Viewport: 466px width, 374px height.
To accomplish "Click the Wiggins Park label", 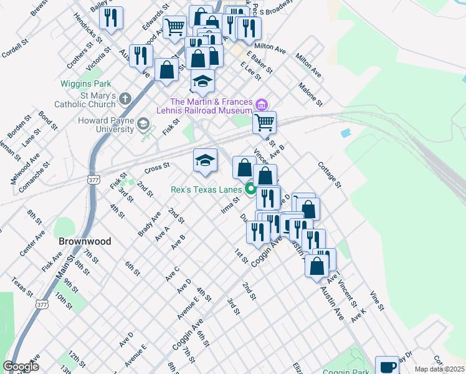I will (x=85, y=84).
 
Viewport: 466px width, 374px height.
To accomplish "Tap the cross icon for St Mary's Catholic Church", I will (x=125, y=98).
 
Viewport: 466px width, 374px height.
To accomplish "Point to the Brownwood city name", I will (x=85, y=241).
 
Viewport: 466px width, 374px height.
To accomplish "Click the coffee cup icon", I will (x=388, y=366).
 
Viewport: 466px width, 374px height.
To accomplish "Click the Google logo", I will (x=21, y=366).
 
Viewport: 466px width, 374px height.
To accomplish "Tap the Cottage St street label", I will (x=330, y=175).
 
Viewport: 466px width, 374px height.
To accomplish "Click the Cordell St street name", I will (x=16, y=47).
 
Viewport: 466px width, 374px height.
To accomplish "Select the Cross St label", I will (x=157, y=167).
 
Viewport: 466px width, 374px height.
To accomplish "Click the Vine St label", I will (x=378, y=300).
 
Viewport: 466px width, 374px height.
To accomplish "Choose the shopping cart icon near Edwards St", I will (x=175, y=26).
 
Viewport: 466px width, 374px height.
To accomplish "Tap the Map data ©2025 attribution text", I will (x=439, y=369).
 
